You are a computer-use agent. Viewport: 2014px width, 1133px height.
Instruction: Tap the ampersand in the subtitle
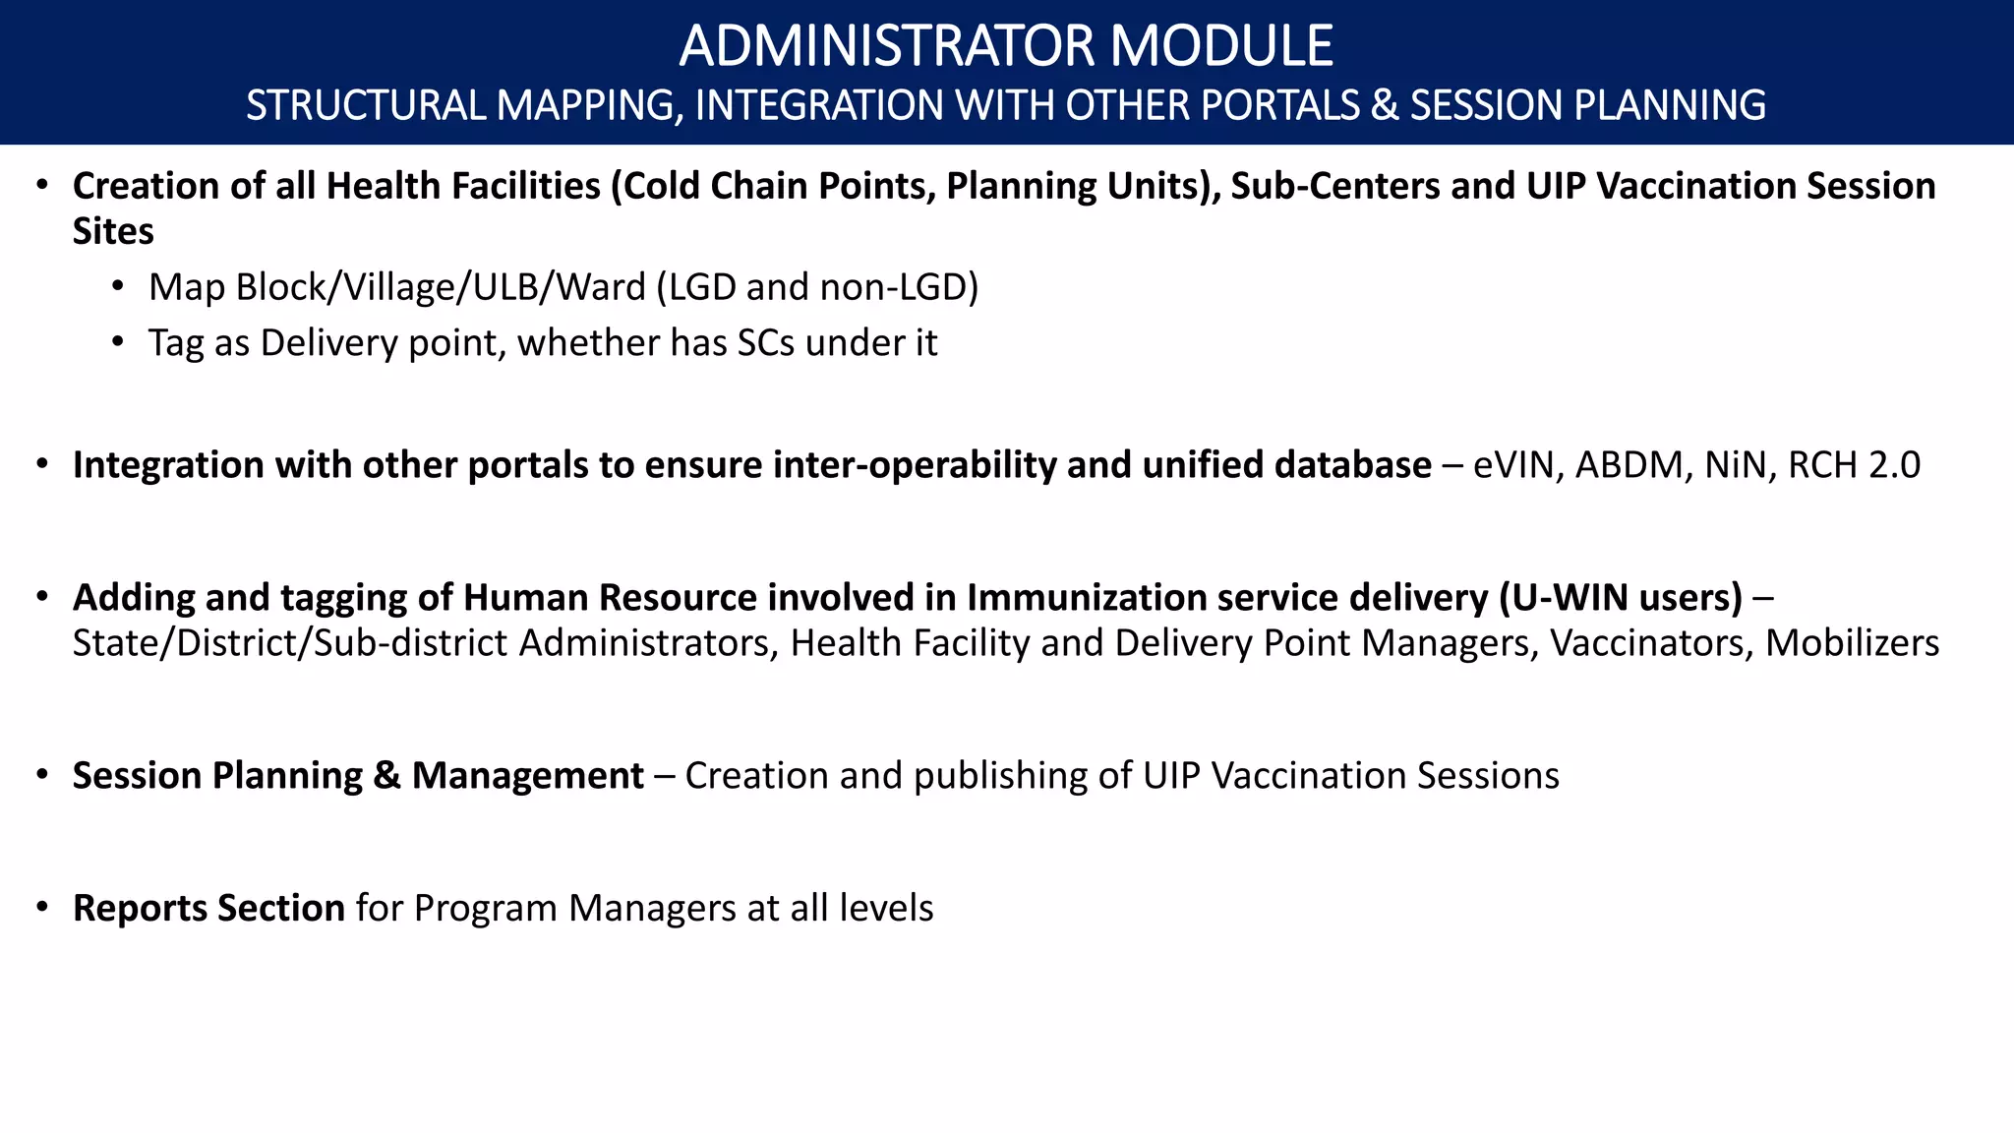1384,105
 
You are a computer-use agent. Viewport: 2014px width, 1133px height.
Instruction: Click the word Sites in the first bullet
113,231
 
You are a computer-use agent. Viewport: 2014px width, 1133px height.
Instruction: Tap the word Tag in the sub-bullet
176,343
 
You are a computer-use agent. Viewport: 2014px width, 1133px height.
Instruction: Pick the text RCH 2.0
1854,465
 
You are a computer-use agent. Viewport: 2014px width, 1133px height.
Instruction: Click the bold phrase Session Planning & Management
358,776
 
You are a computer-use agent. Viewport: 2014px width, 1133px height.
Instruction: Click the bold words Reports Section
208,908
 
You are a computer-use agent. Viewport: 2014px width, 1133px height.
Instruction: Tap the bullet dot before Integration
41,464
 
